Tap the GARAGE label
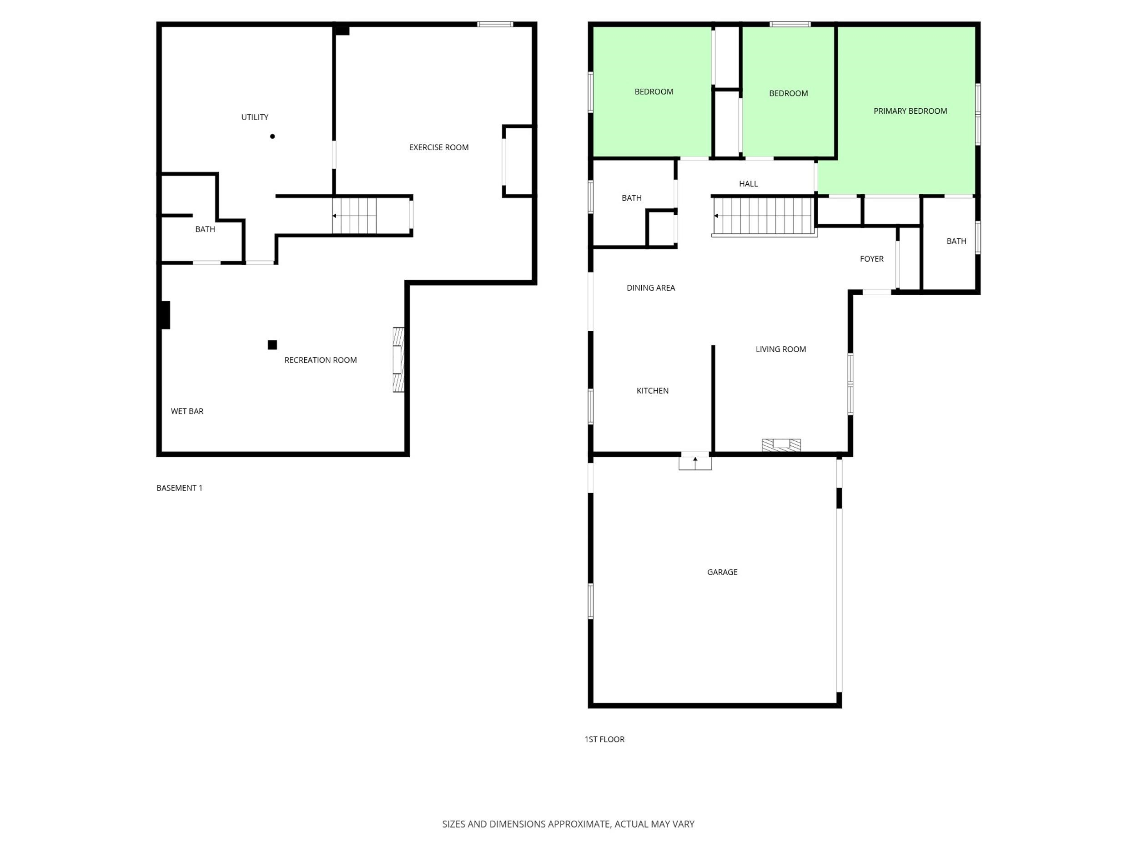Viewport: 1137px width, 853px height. (722, 572)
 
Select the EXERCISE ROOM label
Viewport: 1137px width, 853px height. (438, 147)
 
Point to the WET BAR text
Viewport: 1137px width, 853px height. (187, 411)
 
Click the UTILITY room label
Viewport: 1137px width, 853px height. (255, 117)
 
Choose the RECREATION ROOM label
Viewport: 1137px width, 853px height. (320, 360)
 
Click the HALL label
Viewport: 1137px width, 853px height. (749, 183)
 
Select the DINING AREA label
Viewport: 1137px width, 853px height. (651, 288)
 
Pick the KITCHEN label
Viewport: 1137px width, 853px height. (652, 391)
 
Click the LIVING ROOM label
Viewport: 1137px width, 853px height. (781, 349)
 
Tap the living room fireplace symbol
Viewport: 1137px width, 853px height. (781, 445)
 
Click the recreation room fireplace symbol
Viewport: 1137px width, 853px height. (399, 360)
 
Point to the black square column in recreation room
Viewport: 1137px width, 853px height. (272, 344)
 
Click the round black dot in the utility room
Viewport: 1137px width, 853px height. (272, 136)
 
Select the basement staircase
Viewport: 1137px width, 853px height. (354, 216)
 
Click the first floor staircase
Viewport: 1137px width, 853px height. (763, 217)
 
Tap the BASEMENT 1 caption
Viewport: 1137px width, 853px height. (179, 488)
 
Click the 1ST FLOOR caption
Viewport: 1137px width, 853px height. (604, 739)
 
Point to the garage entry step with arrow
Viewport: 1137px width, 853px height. (695, 463)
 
